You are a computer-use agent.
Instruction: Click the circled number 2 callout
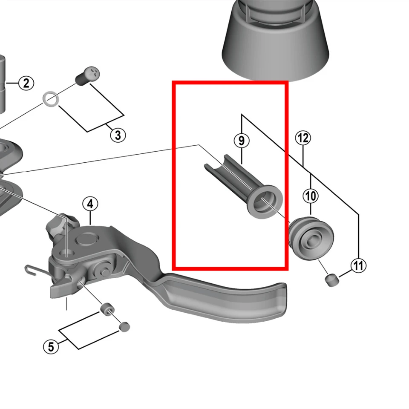point(26,83)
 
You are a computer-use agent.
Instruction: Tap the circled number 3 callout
point(118,135)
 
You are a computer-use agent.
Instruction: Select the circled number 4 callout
point(90,204)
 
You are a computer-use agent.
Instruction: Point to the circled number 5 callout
point(51,346)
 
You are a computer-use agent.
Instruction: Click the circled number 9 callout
point(242,141)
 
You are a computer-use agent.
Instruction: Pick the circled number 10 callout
point(311,196)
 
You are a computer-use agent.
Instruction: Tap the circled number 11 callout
point(358,265)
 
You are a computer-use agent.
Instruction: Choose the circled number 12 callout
point(303,138)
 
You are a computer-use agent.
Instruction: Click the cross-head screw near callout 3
point(88,76)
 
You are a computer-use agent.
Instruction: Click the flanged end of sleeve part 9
point(265,202)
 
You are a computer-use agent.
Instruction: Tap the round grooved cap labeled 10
point(311,239)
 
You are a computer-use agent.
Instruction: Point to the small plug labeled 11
point(332,280)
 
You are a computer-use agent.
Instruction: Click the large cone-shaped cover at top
point(276,39)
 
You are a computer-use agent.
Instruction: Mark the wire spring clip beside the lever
point(36,271)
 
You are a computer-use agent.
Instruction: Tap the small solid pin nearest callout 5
point(124,327)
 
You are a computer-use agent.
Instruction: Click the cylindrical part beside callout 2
point(2,84)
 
